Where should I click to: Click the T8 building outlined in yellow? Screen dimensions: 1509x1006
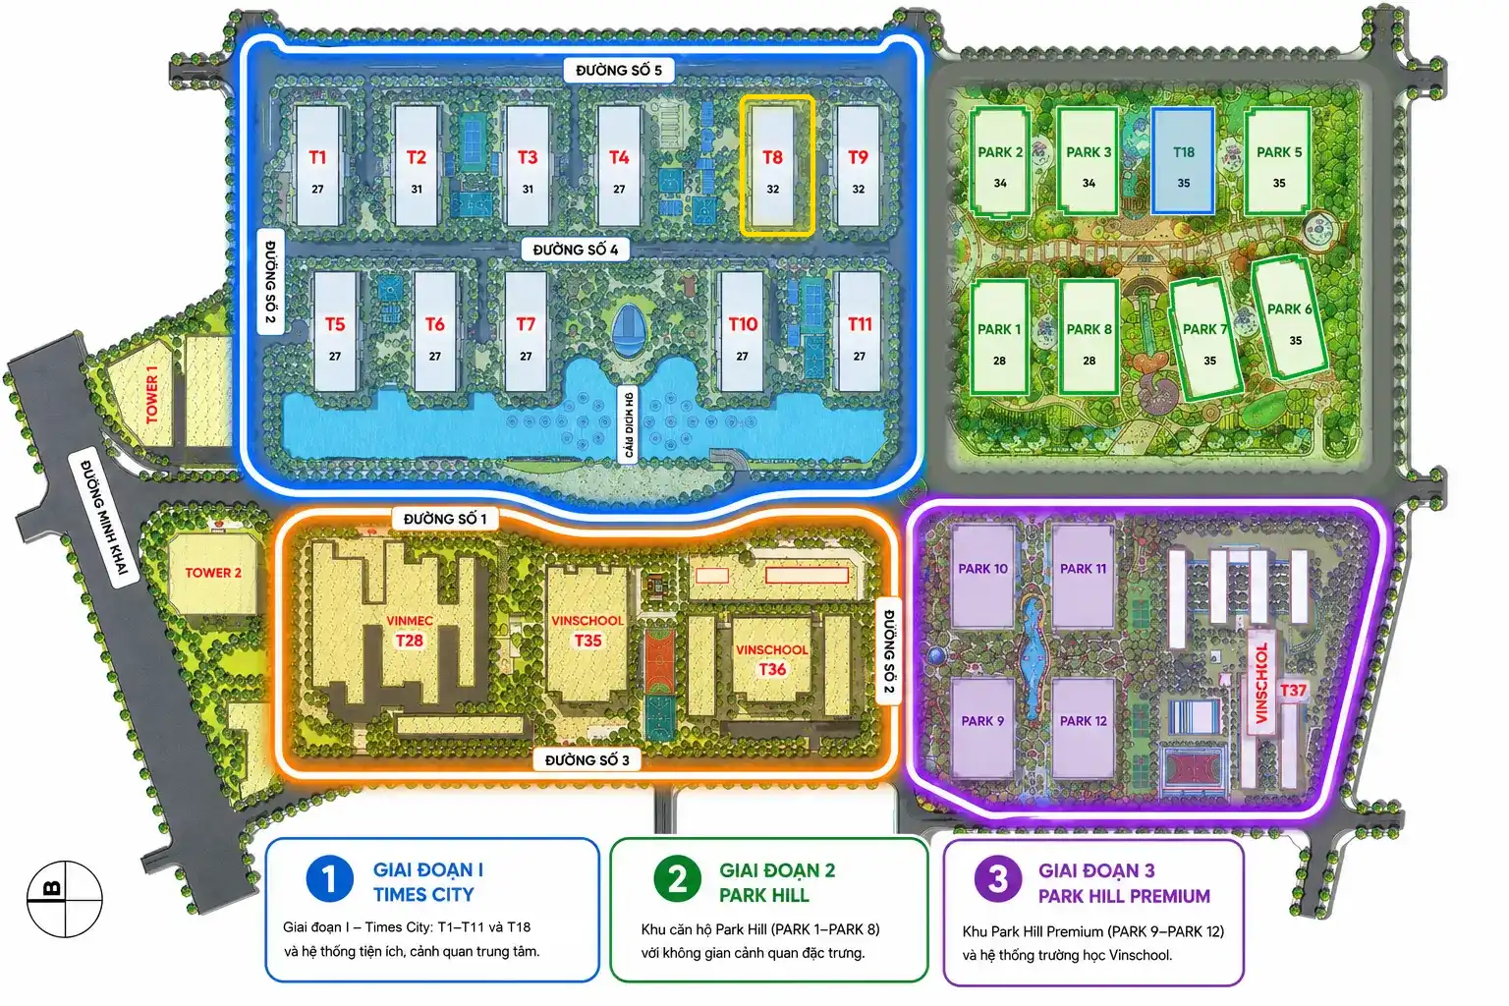777,166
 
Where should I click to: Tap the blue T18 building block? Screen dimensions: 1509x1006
1183,161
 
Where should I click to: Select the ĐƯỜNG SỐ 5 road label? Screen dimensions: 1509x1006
618,70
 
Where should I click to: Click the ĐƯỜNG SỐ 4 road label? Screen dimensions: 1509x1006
576,250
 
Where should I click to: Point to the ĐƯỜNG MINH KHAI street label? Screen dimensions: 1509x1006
104,518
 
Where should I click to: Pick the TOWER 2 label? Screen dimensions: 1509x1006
213,573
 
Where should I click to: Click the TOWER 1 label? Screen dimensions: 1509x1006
152,394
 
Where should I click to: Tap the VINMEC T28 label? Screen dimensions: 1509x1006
410,631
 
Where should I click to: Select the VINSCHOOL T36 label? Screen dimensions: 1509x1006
772,659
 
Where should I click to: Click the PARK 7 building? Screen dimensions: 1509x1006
1205,340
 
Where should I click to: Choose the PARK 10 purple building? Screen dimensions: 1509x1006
982,577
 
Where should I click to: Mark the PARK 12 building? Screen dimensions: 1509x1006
1084,728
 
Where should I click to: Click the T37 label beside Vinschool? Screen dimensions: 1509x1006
1293,691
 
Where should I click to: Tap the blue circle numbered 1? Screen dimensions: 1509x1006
329,879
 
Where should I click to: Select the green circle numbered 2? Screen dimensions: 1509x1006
677,879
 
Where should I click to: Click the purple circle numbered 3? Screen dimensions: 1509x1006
998,880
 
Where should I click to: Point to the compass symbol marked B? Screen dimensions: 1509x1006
65,899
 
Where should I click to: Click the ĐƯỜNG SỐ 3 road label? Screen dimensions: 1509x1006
587,760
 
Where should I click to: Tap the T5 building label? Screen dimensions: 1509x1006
335,324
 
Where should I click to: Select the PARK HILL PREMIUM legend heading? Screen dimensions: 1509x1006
1124,896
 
